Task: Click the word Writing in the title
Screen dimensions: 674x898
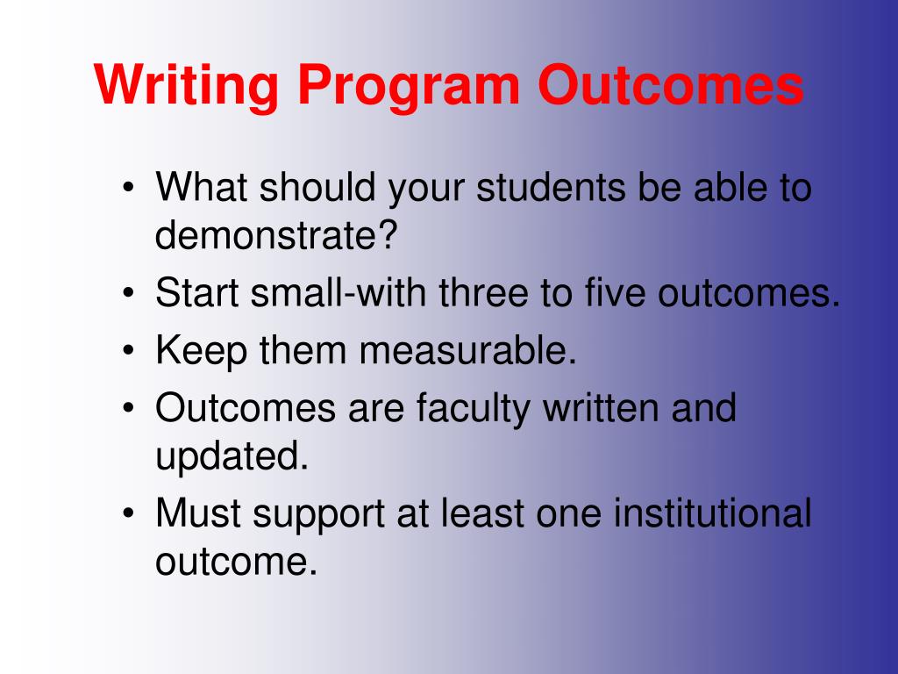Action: (x=186, y=86)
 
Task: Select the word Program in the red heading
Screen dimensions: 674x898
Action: (x=407, y=86)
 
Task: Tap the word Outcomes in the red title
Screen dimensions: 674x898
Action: (x=671, y=86)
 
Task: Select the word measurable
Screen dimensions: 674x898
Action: (x=469, y=351)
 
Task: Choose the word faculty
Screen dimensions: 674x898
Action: (x=474, y=409)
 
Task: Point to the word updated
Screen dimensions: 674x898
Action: (x=232, y=456)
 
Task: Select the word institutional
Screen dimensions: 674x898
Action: (x=712, y=514)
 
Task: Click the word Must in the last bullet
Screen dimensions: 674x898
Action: (x=199, y=514)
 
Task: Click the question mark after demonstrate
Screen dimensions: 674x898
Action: (x=389, y=234)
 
